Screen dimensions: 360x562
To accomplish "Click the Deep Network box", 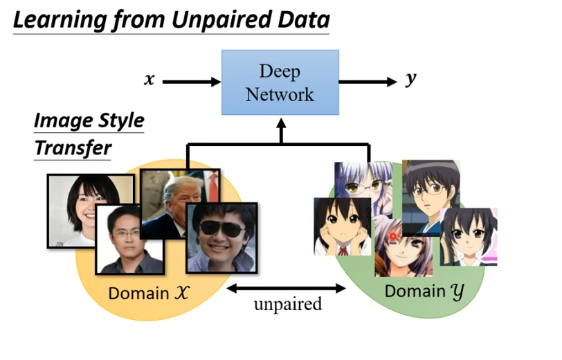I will coord(280,82).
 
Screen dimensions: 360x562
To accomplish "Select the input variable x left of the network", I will coord(149,79).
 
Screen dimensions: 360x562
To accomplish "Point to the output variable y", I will coord(411,79).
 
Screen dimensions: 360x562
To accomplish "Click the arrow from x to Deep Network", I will coord(191,82).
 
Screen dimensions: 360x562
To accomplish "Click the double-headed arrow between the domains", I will coord(287,287).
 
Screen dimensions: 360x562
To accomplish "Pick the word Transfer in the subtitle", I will coord(73,148).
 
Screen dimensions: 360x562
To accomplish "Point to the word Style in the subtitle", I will coord(120,122).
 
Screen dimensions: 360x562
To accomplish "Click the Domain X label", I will coord(149,293).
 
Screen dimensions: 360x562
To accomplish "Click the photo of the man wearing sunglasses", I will coord(221,237).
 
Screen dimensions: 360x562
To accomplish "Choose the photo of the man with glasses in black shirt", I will coord(129,239).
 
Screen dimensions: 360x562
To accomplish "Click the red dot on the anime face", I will coord(392,236).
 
